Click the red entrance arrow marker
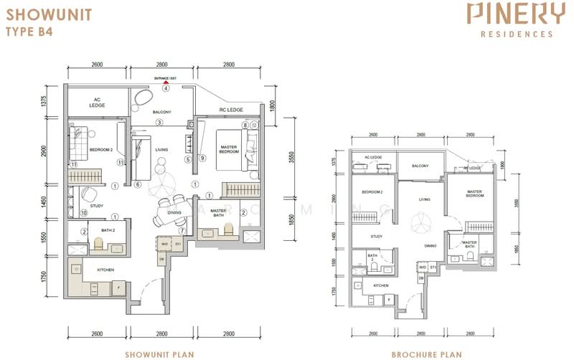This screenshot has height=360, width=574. coord(165,82)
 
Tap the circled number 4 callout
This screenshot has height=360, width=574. coord(165,89)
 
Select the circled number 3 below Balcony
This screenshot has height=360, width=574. coord(161,123)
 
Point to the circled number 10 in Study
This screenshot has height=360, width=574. coord(83,213)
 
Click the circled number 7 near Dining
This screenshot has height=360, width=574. coord(183,231)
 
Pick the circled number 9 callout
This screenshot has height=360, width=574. coord(202,158)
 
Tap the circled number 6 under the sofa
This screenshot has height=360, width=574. coord(137,184)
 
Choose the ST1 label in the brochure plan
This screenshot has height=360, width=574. coord(433,267)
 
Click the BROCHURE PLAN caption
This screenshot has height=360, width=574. coord(422,354)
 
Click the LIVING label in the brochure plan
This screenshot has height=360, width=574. coord(425,200)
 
